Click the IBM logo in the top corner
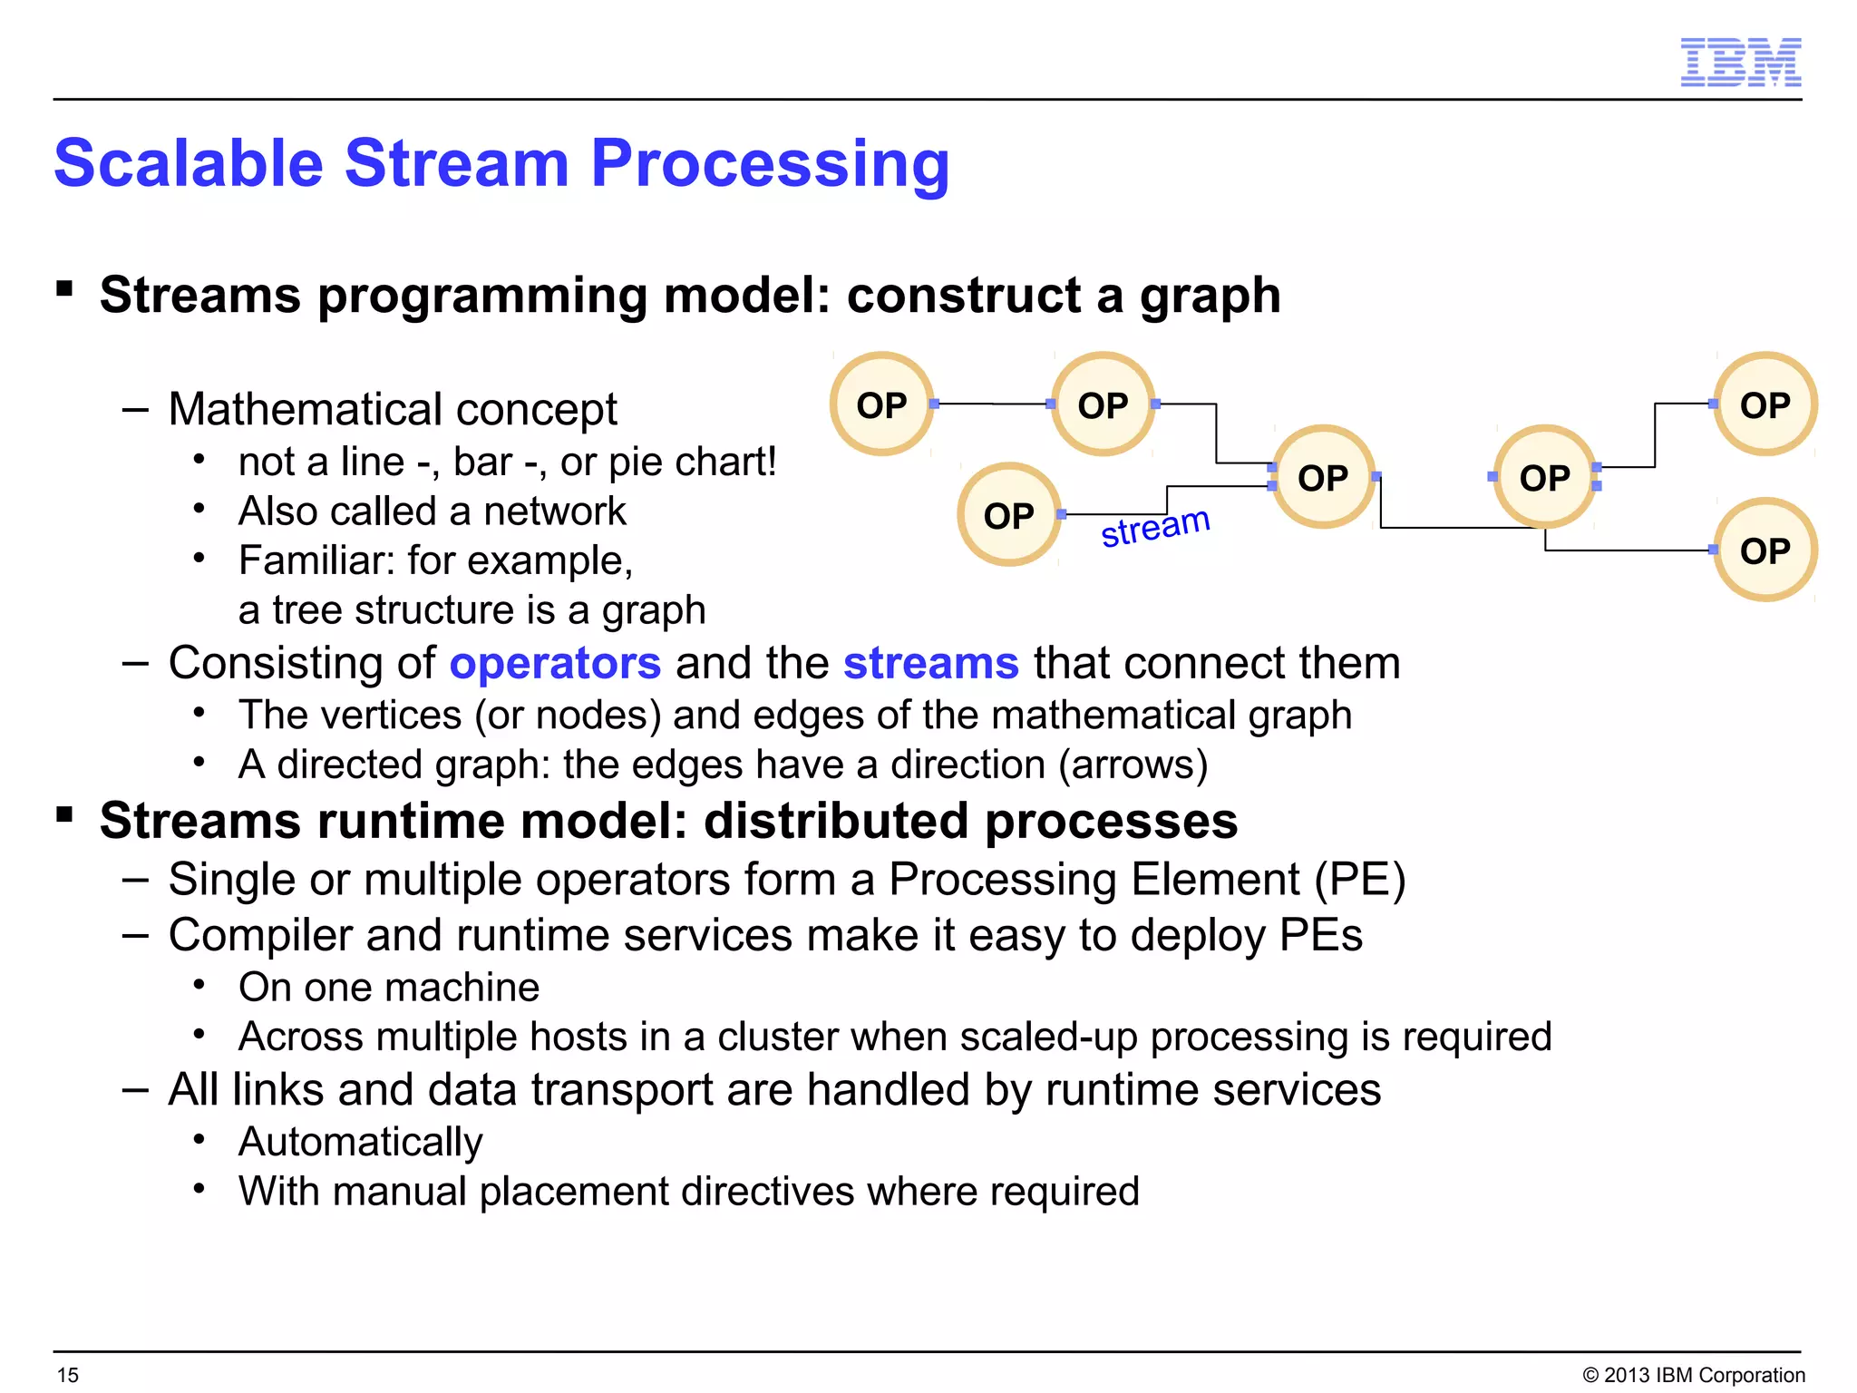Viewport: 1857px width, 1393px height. coord(1740,63)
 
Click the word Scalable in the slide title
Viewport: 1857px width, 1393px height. coord(189,163)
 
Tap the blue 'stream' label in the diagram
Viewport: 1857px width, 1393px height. coord(1155,527)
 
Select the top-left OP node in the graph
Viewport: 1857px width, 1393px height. coord(881,404)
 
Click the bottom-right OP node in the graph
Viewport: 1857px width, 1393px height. coord(1765,550)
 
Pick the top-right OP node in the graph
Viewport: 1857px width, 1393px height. coord(1765,404)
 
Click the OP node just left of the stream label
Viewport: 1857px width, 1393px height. coord(1008,515)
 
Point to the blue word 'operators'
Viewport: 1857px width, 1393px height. coord(555,663)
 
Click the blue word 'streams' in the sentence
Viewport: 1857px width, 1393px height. coord(931,663)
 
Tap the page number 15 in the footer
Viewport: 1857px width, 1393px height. coord(68,1375)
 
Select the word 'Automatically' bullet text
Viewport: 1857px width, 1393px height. coord(360,1142)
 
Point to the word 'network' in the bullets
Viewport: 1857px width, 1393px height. coord(554,511)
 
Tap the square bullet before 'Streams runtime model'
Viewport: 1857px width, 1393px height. coord(64,813)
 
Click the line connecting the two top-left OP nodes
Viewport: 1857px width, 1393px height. coord(992,404)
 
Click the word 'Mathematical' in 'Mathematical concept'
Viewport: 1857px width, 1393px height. coord(306,409)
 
